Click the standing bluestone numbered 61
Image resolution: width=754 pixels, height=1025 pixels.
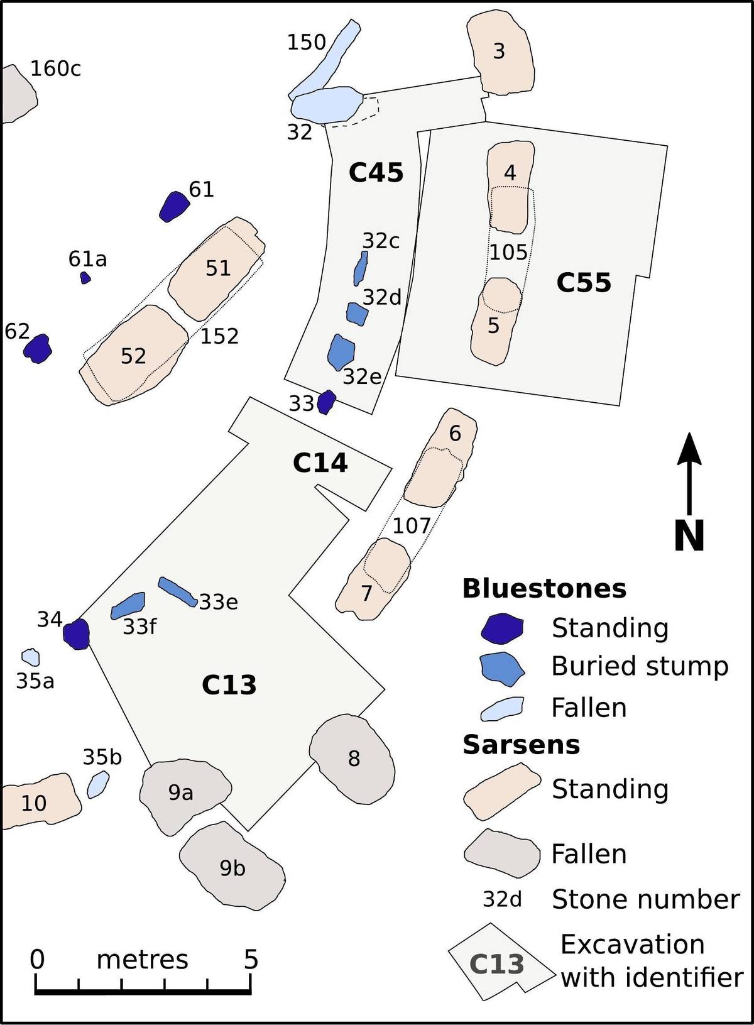coord(174,206)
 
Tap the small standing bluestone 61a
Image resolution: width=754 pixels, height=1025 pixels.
coord(85,277)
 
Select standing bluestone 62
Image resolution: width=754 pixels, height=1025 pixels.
coord(38,349)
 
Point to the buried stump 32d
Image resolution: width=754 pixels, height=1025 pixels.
coord(357,314)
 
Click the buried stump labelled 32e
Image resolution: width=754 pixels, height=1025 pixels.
coord(341,351)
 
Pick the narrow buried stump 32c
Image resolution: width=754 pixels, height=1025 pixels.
coord(361,268)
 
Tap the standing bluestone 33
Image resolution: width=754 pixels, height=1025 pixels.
coord(326,402)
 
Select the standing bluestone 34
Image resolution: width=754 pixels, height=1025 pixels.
coord(76,634)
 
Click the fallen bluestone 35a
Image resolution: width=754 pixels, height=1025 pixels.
coord(31,657)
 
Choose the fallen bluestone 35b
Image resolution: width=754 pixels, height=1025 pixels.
coord(98,784)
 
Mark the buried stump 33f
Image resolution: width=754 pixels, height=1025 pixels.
coord(128,606)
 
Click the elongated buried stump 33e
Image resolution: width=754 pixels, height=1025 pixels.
coord(178,591)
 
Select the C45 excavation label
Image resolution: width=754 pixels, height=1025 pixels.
coord(376,173)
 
